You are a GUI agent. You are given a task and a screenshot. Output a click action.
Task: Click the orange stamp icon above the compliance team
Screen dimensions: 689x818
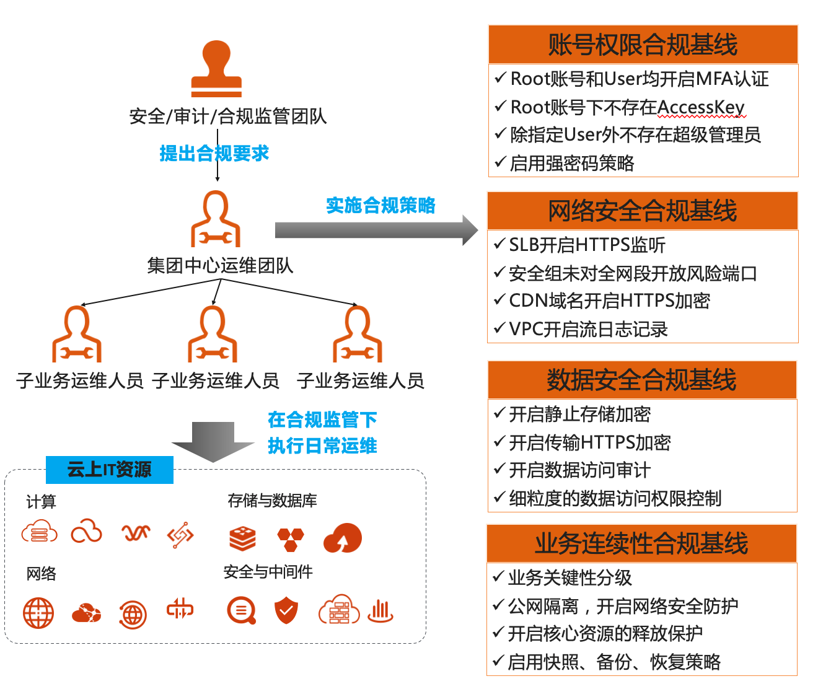pyautogui.click(x=216, y=69)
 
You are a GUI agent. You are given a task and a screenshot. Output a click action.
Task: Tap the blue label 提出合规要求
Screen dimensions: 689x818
pyautogui.click(x=214, y=153)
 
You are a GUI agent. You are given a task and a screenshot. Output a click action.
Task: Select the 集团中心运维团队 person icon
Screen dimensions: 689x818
pyautogui.click(x=215, y=219)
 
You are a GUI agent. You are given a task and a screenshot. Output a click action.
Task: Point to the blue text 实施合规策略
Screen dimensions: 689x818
pyautogui.click(x=380, y=205)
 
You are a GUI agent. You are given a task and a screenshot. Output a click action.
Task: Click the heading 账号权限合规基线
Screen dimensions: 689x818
pyautogui.click(x=643, y=45)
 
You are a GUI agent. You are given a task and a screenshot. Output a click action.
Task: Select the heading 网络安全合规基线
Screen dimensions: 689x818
pyautogui.click(x=643, y=211)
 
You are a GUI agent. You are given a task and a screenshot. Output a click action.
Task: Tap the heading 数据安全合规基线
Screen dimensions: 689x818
pyautogui.click(x=641, y=380)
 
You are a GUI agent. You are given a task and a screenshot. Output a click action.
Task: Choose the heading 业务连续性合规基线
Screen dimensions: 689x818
pyautogui.click(x=641, y=543)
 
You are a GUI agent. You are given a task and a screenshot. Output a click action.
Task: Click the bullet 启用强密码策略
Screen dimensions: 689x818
pyautogui.click(x=571, y=163)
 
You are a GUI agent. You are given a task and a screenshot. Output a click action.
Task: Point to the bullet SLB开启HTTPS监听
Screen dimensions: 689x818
pyautogui.click(x=586, y=245)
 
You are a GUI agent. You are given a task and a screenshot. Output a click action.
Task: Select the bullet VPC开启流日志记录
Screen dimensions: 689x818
pyautogui.click(x=588, y=329)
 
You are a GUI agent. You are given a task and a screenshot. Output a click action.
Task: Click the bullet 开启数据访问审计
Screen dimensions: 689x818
pyautogui.click(x=579, y=470)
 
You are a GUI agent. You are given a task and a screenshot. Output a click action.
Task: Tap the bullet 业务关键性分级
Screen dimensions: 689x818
pyautogui.click(x=570, y=577)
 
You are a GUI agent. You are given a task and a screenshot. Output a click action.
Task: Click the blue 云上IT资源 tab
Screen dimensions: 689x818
pyautogui.click(x=109, y=470)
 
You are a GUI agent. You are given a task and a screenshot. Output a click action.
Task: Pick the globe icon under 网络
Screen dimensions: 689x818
pyautogui.click(x=38, y=613)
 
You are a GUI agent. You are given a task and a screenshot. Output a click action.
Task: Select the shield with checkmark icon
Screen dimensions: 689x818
pyautogui.click(x=286, y=611)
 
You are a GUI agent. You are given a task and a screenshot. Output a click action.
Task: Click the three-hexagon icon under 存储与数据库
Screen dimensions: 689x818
pyautogui.click(x=291, y=539)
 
